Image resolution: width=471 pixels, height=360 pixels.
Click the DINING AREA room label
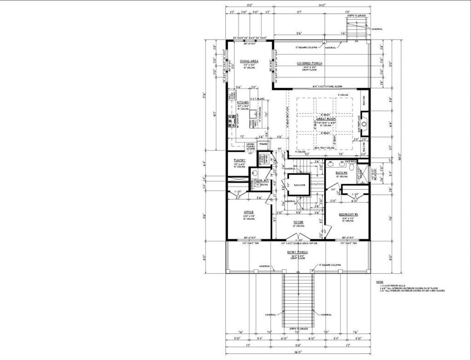248,61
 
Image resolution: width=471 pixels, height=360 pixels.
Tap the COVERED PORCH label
309,63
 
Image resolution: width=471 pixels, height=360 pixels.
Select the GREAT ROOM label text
326,119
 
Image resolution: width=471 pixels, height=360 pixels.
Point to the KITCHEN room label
243,102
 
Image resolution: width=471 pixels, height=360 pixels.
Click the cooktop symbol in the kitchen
231,121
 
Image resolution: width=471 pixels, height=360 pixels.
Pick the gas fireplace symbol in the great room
363,123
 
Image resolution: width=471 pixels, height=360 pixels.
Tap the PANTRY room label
240,160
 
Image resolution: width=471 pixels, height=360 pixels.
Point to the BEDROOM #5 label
346,215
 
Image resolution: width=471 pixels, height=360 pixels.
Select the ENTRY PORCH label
297,253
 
